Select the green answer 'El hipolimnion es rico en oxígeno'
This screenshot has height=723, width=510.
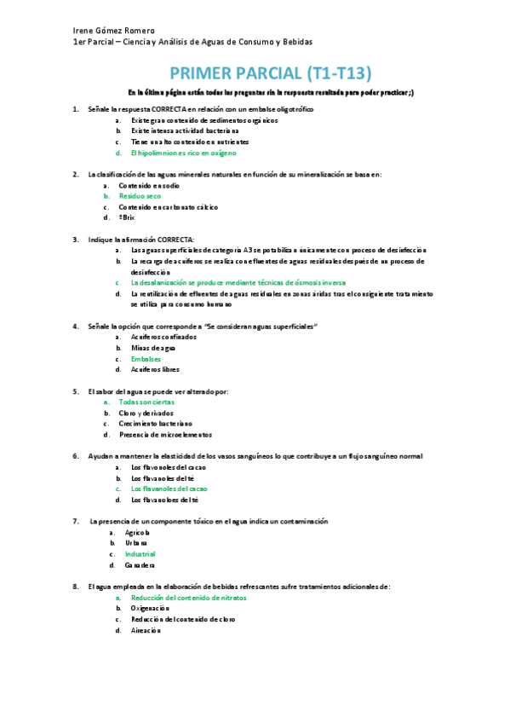(183, 153)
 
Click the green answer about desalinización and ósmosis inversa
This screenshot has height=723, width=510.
(238, 282)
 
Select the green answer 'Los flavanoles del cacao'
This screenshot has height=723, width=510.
(169, 489)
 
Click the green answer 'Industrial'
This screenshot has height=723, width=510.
(140, 554)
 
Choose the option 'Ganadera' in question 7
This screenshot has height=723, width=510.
(140, 565)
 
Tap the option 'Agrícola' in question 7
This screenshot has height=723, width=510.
(137, 532)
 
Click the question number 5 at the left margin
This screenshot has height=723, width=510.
(76, 390)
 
